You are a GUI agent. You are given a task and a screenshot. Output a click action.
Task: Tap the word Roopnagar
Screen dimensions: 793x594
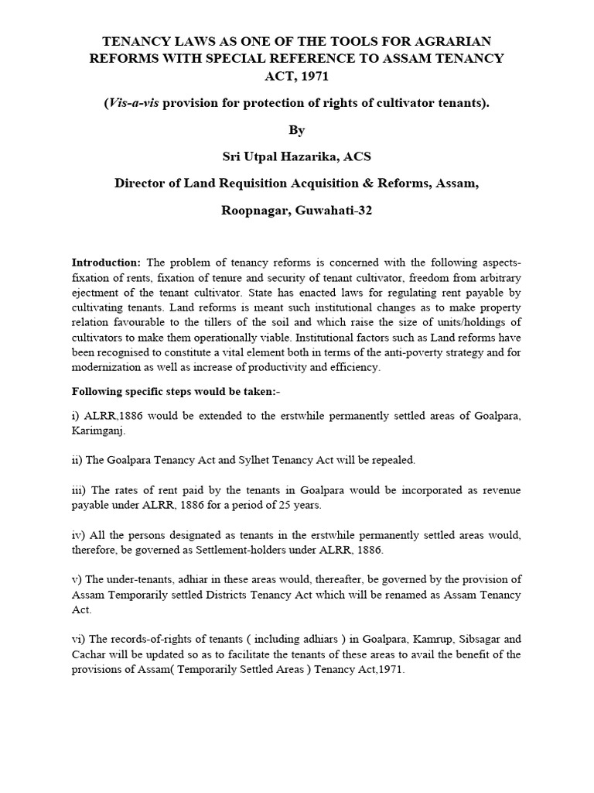tap(254, 211)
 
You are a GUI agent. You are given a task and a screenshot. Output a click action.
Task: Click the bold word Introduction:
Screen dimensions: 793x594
tap(107, 263)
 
